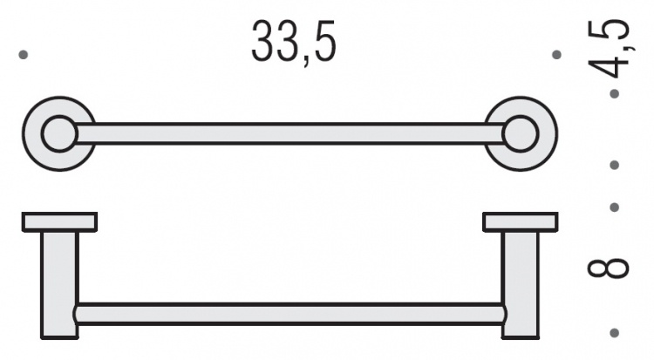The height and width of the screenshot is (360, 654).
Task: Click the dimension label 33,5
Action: point(294,43)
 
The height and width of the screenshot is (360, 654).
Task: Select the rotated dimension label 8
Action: point(608,268)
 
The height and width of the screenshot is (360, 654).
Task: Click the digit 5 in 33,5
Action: point(324,41)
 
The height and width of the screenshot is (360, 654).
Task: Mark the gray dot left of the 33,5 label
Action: point(24,55)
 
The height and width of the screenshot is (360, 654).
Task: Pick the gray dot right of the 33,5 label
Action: point(556,55)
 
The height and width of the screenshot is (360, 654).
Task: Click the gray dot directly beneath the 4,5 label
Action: point(615,94)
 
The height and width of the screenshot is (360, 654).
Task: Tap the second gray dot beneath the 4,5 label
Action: point(615,166)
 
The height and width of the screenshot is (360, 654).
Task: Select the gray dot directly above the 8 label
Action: point(615,207)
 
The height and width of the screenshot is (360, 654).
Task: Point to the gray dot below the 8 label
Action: point(615,333)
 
